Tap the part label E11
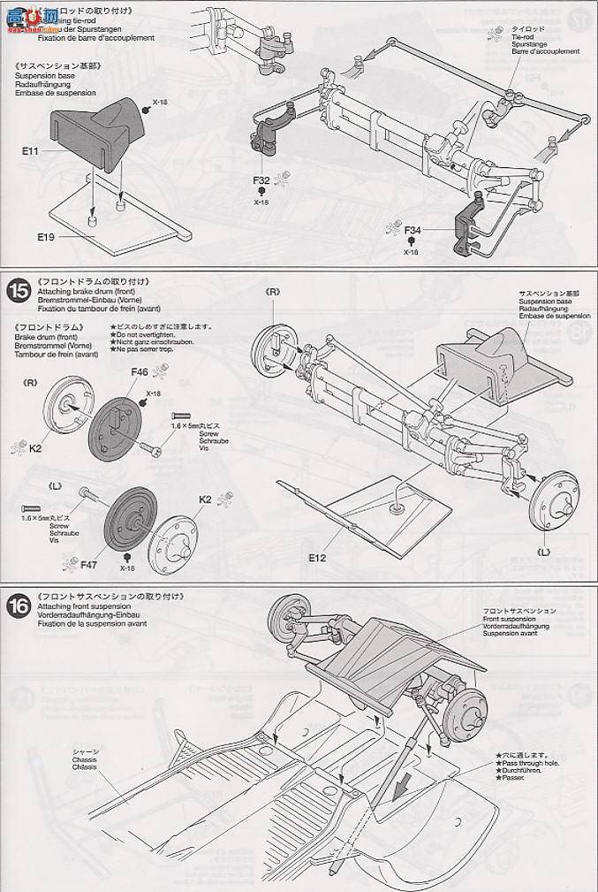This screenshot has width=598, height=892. click(30, 152)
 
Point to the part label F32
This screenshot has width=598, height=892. click(261, 179)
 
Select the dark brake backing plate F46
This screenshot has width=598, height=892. click(117, 427)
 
